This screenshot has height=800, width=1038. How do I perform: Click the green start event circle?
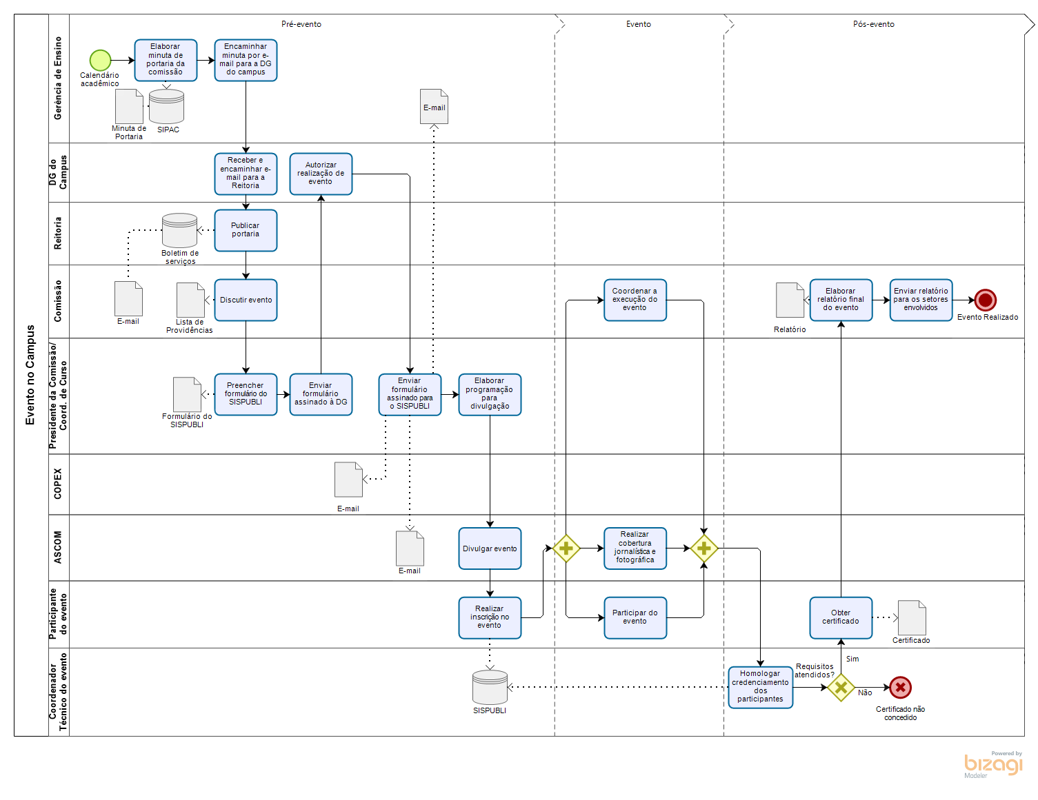tap(100, 60)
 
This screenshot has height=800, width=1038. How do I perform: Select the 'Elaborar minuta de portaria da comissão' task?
tap(166, 60)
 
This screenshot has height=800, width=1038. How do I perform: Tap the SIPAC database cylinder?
tap(166, 106)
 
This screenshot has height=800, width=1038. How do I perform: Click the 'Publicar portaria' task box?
tap(246, 230)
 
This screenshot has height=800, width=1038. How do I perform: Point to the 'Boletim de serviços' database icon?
tap(180, 230)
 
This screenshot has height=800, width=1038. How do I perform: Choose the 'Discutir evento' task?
tap(246, 300)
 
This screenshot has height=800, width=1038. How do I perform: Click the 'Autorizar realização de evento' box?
tap(321, 174)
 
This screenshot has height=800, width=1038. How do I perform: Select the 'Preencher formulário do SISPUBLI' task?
tap(246, 394)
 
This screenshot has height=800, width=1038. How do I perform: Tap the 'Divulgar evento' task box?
tap(490, 548)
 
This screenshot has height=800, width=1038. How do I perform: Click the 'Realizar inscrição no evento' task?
tap(490, 617)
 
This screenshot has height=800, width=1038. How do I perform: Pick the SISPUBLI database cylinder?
tap(490, 687)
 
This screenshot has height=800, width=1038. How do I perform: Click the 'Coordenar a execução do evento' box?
tap(635, 300)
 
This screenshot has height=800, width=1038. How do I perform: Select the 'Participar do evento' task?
tap(635, 617)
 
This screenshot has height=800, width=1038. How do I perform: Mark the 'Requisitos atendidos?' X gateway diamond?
tap(841, 687)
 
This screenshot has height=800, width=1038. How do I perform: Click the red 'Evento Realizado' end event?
tap(986, 300)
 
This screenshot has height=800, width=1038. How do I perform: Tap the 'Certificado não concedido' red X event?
tap(900, 687)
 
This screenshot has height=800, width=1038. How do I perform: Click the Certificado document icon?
tap(912, 618)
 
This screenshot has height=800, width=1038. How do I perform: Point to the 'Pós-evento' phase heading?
tap(873, 24)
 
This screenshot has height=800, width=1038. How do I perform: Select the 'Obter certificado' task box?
tap(841, 617)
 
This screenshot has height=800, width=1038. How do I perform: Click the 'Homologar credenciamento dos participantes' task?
tap(760, 687)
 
